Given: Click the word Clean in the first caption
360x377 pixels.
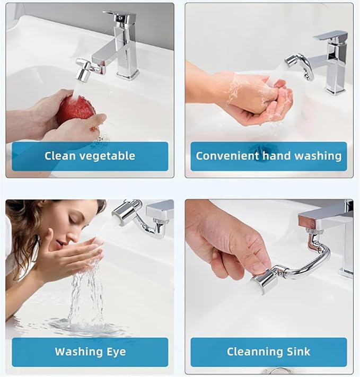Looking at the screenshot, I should [60, 156].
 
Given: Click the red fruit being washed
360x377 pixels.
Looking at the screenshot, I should [76, 109].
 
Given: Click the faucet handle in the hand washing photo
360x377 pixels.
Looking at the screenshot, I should [330, 37].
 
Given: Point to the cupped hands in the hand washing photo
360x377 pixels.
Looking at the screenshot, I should [254, 98].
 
